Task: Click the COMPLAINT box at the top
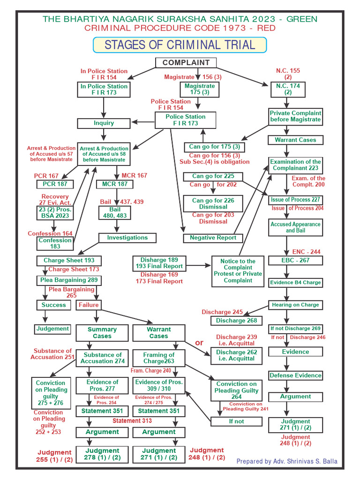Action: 186,63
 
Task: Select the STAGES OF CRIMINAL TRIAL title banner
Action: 180,45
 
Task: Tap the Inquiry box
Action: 104,123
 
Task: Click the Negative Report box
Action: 212,238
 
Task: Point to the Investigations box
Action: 127,238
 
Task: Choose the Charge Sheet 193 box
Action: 69,261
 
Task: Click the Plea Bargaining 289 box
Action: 69,280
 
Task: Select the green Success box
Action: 53,305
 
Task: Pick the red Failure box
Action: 89,305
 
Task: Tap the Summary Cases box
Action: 102,333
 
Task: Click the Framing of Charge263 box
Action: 158,358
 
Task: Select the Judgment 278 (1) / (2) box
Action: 102,454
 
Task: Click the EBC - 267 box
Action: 295,261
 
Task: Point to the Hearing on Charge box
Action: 295,305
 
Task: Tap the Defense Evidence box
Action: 295,375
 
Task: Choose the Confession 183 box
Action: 55,243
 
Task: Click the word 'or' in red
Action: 199,343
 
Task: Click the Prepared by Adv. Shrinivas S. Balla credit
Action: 286,461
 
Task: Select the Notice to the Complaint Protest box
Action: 238,271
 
